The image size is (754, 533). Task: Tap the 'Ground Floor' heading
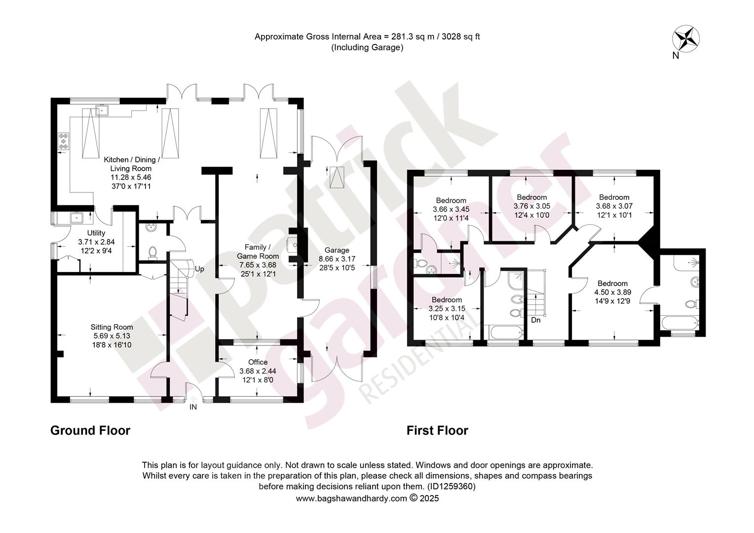tap(90, 430)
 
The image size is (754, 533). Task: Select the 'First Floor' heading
tap(437, 430)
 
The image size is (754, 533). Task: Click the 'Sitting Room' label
tap(112, 327)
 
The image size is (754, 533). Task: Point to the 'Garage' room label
tap(337, 250)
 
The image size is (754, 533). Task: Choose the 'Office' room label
tap(258, 362)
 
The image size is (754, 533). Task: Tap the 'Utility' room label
tap(96, 233)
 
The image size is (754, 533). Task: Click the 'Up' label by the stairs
tap(199, 269)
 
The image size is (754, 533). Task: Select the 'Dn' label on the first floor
tap(535, 320)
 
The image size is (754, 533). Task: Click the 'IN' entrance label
tap(193, 407)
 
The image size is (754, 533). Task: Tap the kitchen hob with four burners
tap(63, 141)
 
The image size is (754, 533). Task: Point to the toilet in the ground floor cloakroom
tap(152, 253)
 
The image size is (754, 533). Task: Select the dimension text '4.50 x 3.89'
tap(613, 292)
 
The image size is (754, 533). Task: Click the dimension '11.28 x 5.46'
tap(131, 177)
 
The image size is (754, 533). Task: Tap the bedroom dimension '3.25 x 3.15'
tap(447, 308)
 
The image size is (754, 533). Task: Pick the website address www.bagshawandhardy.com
tap(351, 498)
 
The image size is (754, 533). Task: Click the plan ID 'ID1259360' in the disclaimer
tap(451, 487)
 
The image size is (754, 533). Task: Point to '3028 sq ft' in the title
tap(461, 37)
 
